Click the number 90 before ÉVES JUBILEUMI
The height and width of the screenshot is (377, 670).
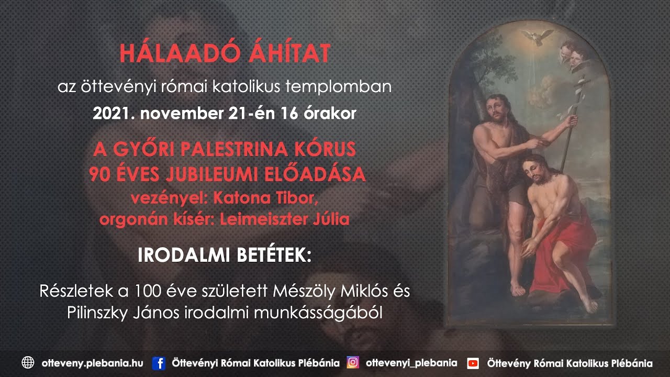pos(99,174)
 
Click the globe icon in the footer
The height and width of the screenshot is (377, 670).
pos(28,363)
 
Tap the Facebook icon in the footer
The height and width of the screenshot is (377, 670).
pos(159,363)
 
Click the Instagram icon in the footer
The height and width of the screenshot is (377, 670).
pos(353,362)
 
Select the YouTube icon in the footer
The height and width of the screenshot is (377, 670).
pos(473,363)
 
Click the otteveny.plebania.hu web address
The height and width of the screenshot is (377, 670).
pos(92,363)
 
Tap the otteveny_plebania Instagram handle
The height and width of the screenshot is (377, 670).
pos(411,363)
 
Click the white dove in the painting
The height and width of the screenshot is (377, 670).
pos(537,36)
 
